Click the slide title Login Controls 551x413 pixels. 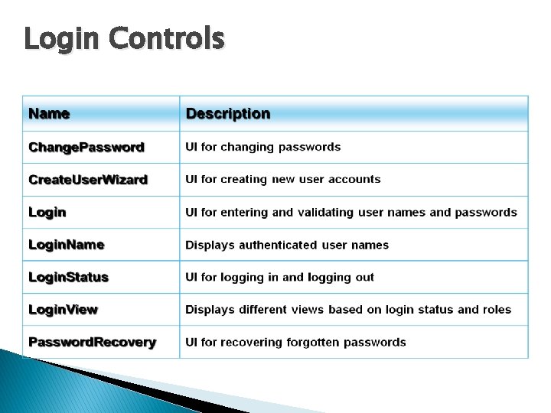pyautogui.click(x=124, y=37)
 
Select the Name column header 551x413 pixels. pyautogui.click(x=49, y=114)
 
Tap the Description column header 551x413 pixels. pyautogui.click(x=228, y=114)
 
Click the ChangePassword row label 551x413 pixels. pyautogui.click(x=86, y=147)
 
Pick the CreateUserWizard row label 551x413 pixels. pyautogui.click(x=88, y=180)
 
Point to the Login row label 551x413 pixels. pyautogui.click(x=47, y=212)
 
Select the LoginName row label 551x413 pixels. pyautogui.click(x=66, y=245)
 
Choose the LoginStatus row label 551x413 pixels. pyautogui.click(x=68, y=277)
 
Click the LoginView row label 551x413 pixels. pyautogui.click(x=63, y=310)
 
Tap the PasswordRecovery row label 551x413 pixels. pyautogui.click(x=92, y=342)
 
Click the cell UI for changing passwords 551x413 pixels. pyautogui.click(x=263, y=147)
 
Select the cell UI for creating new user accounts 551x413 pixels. pyautogui.click(x=283, y=180)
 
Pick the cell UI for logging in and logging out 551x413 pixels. pyautogui.click(x=280, y=277)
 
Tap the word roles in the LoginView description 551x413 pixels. pyautogui.click(x=497, y=310)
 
